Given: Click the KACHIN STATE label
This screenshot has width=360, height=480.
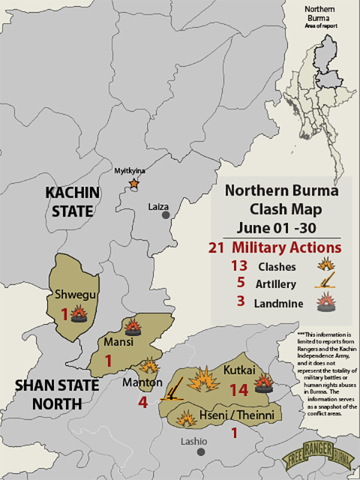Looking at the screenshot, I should coord(72,202).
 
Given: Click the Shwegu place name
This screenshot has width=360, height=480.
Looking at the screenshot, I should coord(73,295).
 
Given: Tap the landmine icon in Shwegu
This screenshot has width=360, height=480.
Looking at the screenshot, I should coord(78,314).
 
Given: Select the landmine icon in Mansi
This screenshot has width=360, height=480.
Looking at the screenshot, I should coord(132,328).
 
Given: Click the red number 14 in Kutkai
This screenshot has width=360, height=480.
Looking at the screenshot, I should coord(238,391).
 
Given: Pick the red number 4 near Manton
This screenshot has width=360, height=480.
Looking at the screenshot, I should coord(142,402).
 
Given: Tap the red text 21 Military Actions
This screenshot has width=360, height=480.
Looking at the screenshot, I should coord(275,247).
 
